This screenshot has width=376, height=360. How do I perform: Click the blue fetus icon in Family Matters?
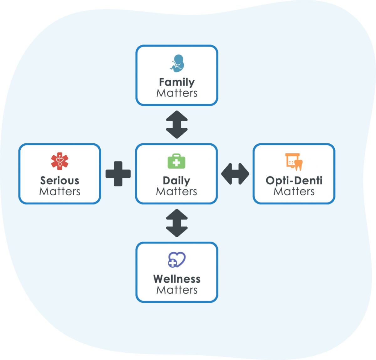(177, 64)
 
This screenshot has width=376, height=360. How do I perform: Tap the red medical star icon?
(60, 161)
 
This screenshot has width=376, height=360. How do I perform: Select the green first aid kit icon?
(176, 162)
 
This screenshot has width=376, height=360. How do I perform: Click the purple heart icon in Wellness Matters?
(177, 260)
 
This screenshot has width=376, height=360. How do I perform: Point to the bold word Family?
(177, 82)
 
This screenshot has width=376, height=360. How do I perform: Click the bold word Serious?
(60, 180)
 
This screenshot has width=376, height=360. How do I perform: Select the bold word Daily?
(176, 181)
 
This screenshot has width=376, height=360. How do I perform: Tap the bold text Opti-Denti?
(294, 180)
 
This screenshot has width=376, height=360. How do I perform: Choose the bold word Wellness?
(177, 279)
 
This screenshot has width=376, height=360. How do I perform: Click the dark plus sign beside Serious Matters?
(118, 174)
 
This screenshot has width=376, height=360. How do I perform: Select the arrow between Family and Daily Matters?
(177, 124)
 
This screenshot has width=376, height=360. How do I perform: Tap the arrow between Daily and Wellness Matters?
(177, 223)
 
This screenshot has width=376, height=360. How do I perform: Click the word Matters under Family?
(177, 93)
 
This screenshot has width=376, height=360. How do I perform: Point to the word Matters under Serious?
(60, 192)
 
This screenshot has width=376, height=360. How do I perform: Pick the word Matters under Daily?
(176, 192)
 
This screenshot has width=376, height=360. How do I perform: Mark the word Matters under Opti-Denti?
(294, 192)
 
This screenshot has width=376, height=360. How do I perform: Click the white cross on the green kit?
(176, 163)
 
